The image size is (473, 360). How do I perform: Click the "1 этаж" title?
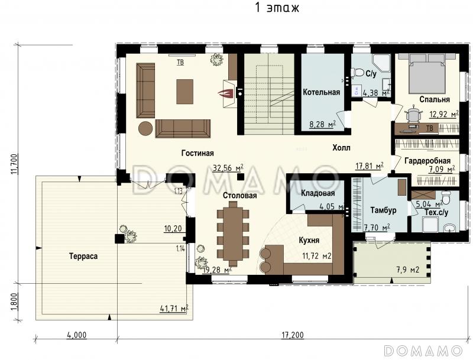[x=277, y=7]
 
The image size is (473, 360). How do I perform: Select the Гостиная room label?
[x=197, y=153]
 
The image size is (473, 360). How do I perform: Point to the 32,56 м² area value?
[x=228, y=168]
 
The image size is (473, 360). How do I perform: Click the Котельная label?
[x=321, y=92]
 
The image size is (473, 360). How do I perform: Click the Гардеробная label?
[x=427, y=161]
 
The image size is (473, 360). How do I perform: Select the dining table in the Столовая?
[x=233, y=233]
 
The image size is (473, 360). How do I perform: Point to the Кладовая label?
[x=318, y=193]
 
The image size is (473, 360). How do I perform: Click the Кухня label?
[x=309, y=241]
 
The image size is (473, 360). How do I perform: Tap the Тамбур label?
[x=383, y=210]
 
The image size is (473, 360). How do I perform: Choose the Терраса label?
[x=83, y=257]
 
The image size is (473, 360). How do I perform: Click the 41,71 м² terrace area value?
[x=174, y=309]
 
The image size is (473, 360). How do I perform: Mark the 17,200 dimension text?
[x=293, y=335]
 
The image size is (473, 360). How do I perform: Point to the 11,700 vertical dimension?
[x=14, y=164]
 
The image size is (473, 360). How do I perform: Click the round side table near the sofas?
[x=145, y=128]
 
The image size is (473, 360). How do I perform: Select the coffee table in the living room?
[x=184, y=92]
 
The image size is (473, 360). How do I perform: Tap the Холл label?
[x=341, y=148]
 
